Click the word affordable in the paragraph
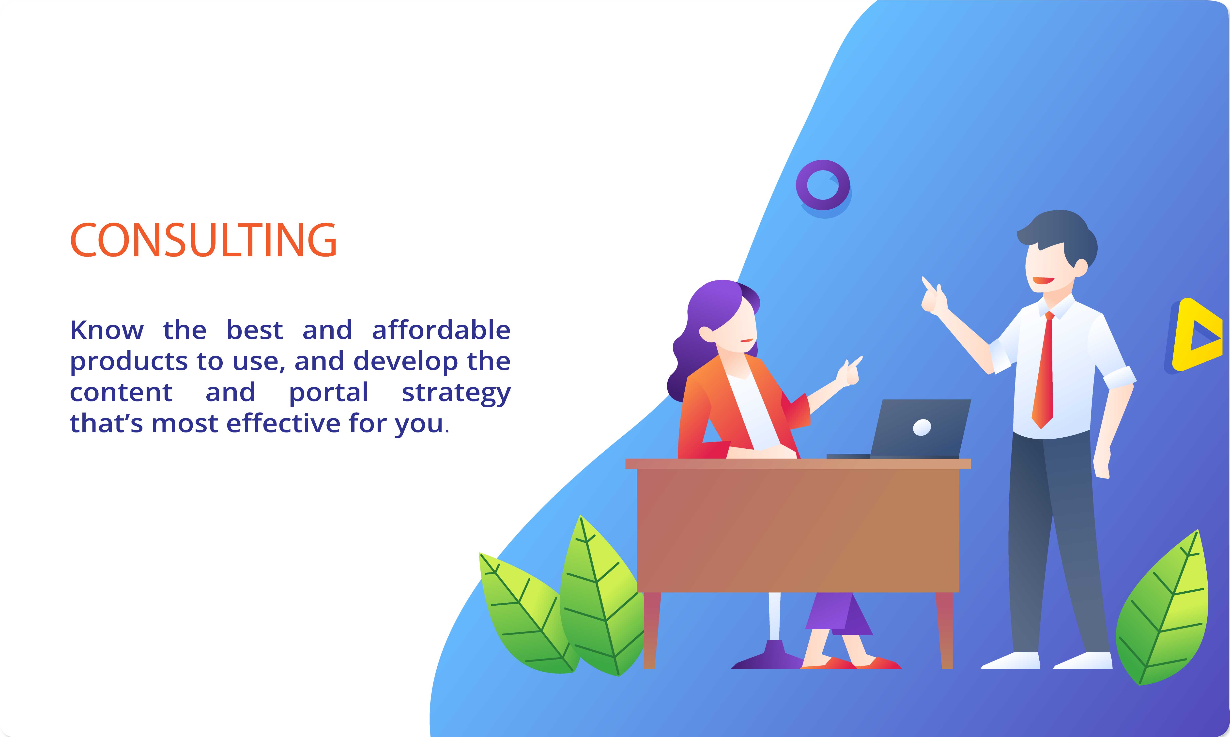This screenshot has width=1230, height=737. pos(441,330)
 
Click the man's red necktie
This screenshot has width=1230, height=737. pos(1043,370)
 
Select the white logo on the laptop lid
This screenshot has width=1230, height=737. pos(922,427)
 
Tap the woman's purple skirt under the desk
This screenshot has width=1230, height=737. pos(838,613)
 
